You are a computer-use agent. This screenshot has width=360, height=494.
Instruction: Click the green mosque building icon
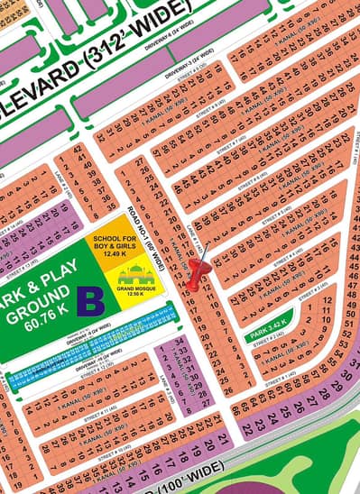pyautogui.click(x=136, y=271)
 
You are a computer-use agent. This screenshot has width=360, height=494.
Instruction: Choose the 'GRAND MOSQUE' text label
pyautogui.click(x=136, y=284)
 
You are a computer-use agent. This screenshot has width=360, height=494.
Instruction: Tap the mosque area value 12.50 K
pyautogui.click(x=136, y=290)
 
